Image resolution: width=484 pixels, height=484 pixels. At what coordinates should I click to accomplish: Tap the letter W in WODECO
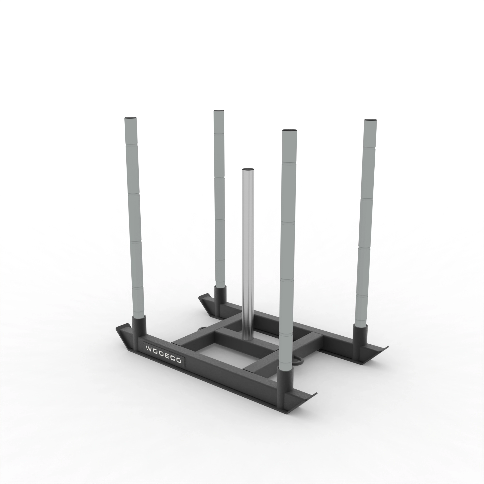tap(149, 349)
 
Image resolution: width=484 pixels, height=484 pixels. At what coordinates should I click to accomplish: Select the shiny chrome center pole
tap(248, 250)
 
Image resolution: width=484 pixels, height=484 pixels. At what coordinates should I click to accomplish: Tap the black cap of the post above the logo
tap(130, 118)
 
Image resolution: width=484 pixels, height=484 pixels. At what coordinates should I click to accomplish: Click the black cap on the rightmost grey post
tap(371, 120)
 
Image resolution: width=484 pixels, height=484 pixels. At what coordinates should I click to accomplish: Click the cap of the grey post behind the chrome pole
tap(219, 111)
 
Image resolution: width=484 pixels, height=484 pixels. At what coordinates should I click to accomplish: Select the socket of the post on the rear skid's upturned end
tap(220, 296)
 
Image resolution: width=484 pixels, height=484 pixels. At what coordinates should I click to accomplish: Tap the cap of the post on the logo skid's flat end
tap(289, 130)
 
